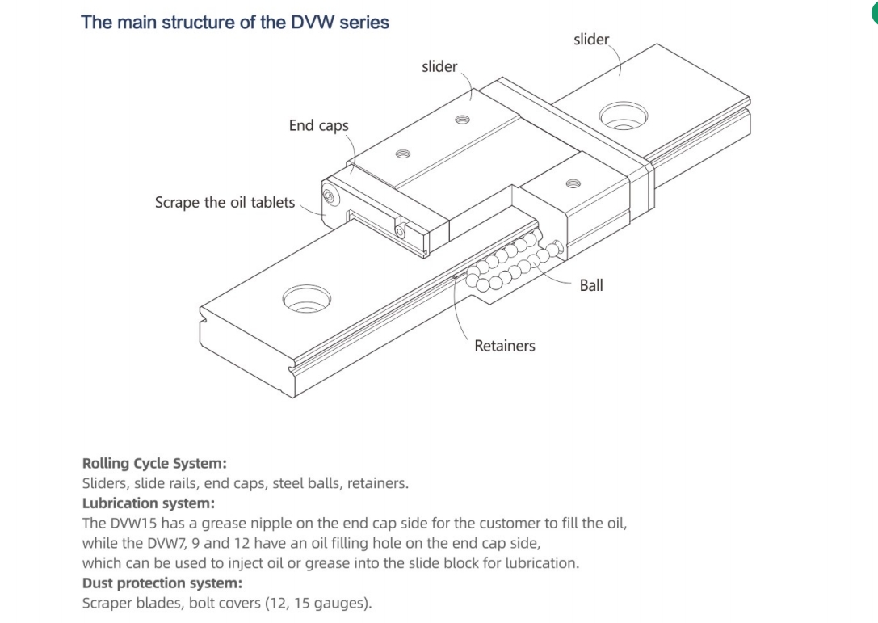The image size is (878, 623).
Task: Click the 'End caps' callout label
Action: tap(318, 125)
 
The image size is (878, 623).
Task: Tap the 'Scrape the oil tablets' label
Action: tap(225, 202)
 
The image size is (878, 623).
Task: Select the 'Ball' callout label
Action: tap(591, 285)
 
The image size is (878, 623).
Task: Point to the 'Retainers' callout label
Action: tap(504, 346)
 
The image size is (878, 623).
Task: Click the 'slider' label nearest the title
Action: tap(439, 66)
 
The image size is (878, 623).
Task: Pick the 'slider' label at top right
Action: tap(591, 39)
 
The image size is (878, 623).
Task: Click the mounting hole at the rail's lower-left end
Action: tap(306, 298)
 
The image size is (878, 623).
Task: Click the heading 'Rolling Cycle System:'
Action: tap(154, 464)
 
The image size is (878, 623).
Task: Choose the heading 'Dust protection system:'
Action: tap(162, 583)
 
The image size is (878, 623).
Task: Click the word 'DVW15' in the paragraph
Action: tap(134, 523)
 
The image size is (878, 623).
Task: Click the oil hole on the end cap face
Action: tap(329, 196)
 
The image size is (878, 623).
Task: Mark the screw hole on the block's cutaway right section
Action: tap(573, 184)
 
